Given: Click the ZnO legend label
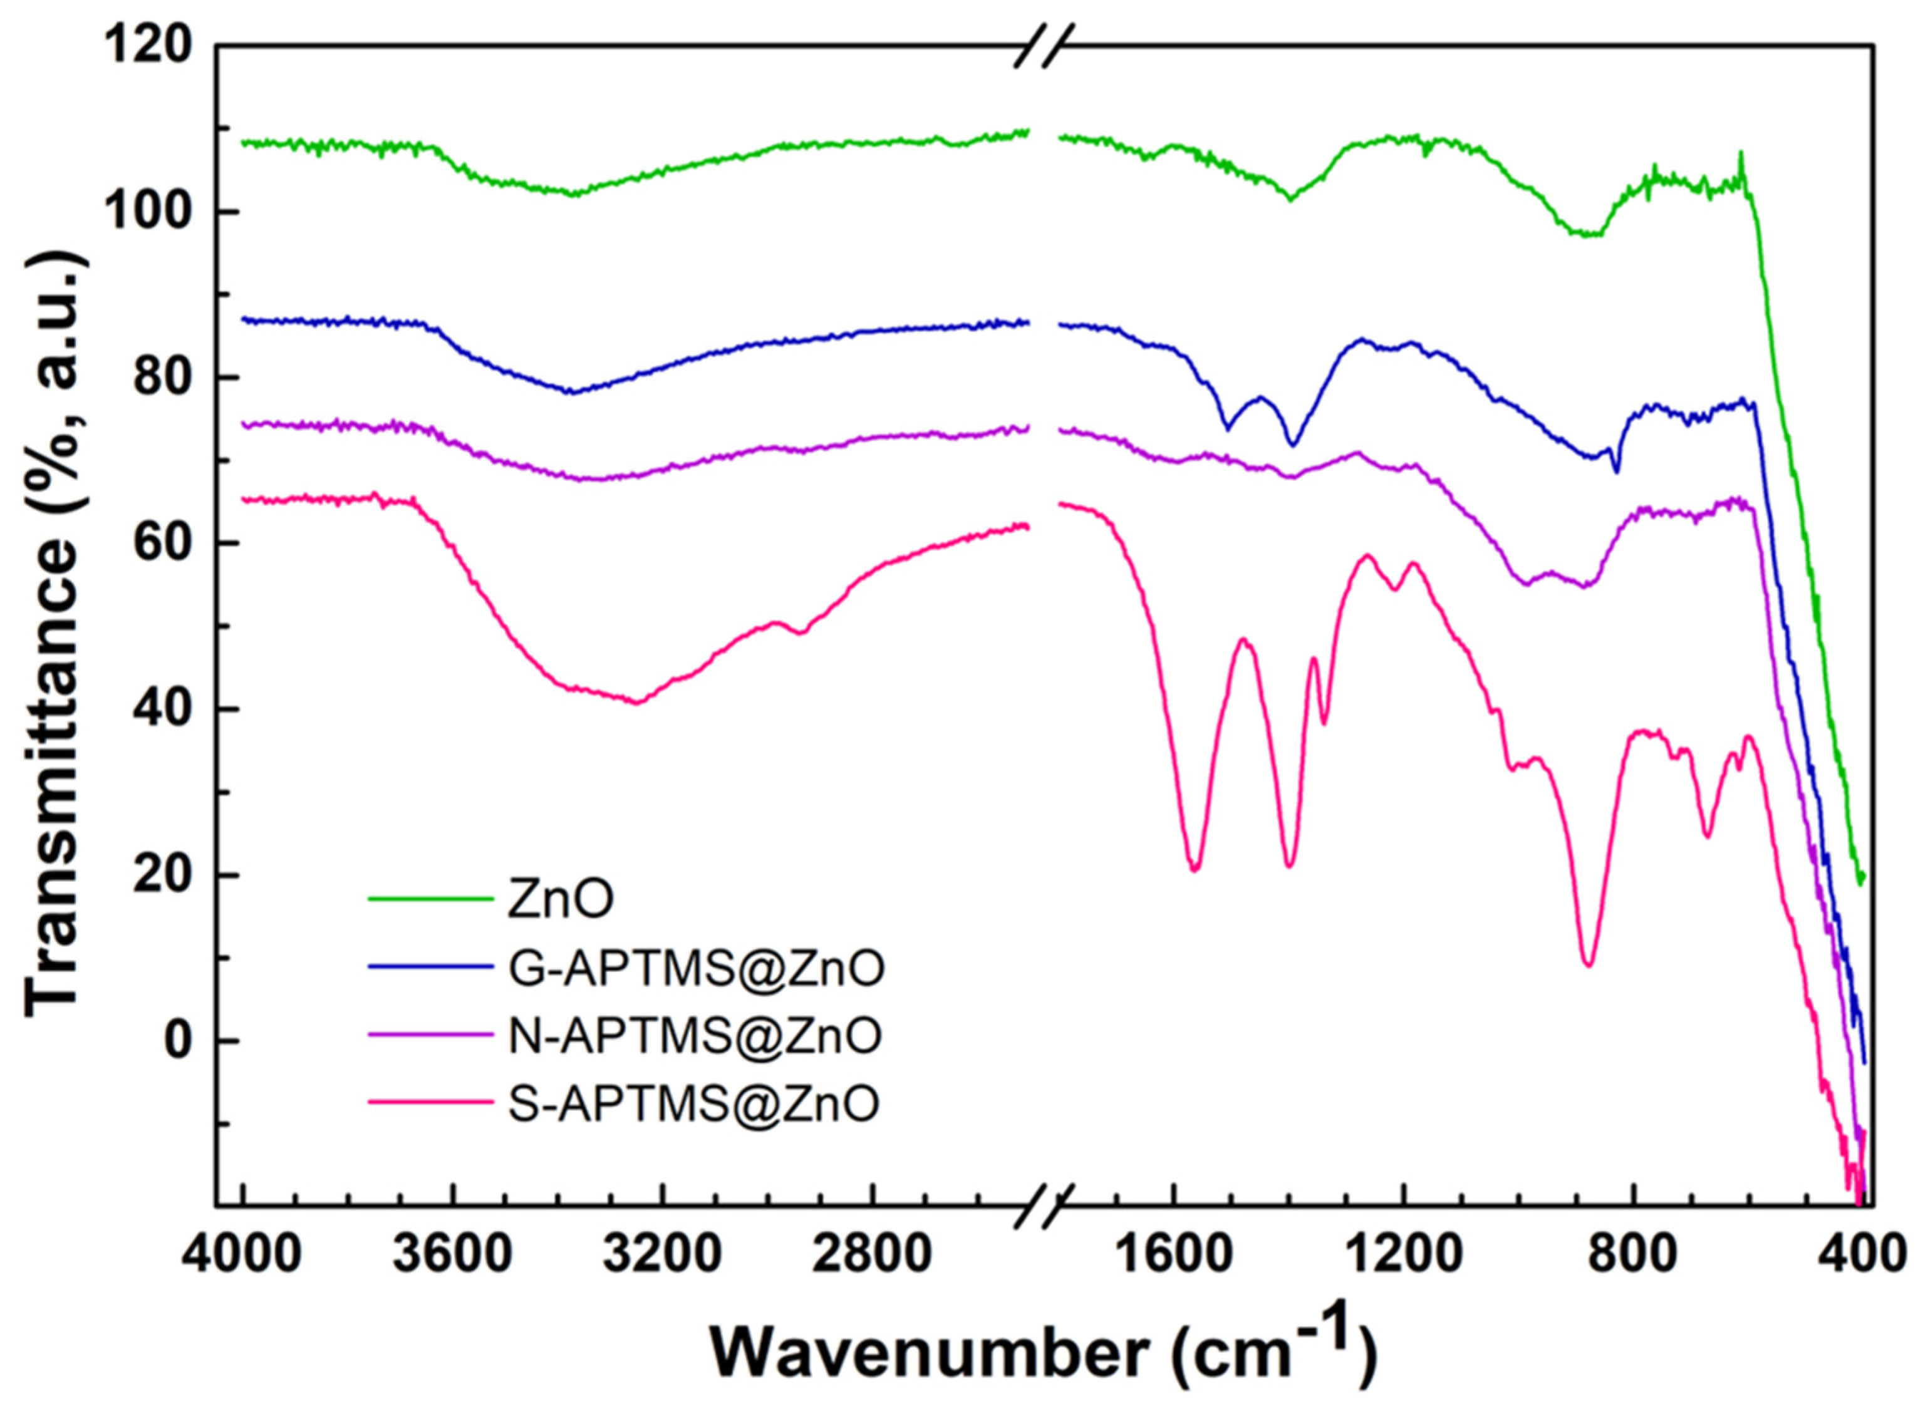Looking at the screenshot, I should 560,900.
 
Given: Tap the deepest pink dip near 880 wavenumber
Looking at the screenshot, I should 1589,964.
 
